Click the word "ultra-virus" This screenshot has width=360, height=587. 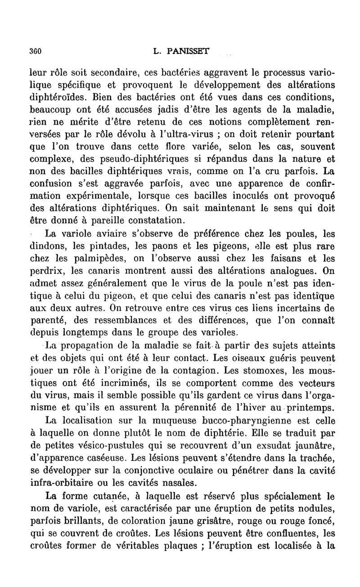tap(162, 134)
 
